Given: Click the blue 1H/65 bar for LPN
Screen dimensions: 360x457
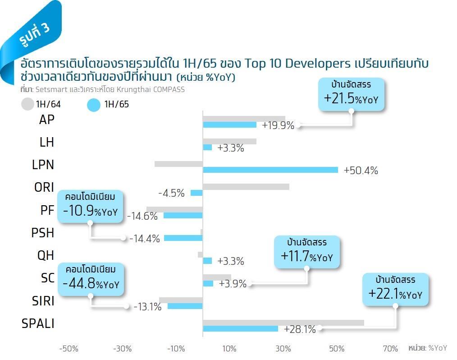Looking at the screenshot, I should tap(270, 170).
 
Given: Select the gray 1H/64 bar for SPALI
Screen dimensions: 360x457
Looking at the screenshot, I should tap(283, 323).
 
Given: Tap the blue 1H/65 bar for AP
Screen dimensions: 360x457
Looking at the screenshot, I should tap(229, 125).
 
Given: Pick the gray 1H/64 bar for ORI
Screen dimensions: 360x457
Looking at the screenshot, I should tap(246, 187).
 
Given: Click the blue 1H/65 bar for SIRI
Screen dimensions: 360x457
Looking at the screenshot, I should tap(185, 306).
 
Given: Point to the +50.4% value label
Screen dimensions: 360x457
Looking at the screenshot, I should tap(361, 171).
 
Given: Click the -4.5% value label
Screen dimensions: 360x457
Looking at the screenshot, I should tap(171, 193).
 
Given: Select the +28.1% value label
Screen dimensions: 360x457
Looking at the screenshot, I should tap(300, 329).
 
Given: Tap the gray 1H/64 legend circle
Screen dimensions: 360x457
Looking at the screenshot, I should tap(27, 104).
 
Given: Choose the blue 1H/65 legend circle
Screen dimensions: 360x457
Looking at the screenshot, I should tap(93, 105).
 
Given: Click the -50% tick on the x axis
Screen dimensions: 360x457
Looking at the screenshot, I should tap(69, 348).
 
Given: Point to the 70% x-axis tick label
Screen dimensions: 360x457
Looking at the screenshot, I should tap(390, 348).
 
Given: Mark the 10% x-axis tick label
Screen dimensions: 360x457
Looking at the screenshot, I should tap(229, 348).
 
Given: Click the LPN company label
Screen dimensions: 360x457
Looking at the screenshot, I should tap(43, 165).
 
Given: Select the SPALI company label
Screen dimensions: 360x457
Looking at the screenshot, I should tap(38, 323).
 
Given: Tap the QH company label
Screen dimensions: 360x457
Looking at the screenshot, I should tap(46, 255).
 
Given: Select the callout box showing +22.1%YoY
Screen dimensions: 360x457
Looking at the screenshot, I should tap(395, 289).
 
